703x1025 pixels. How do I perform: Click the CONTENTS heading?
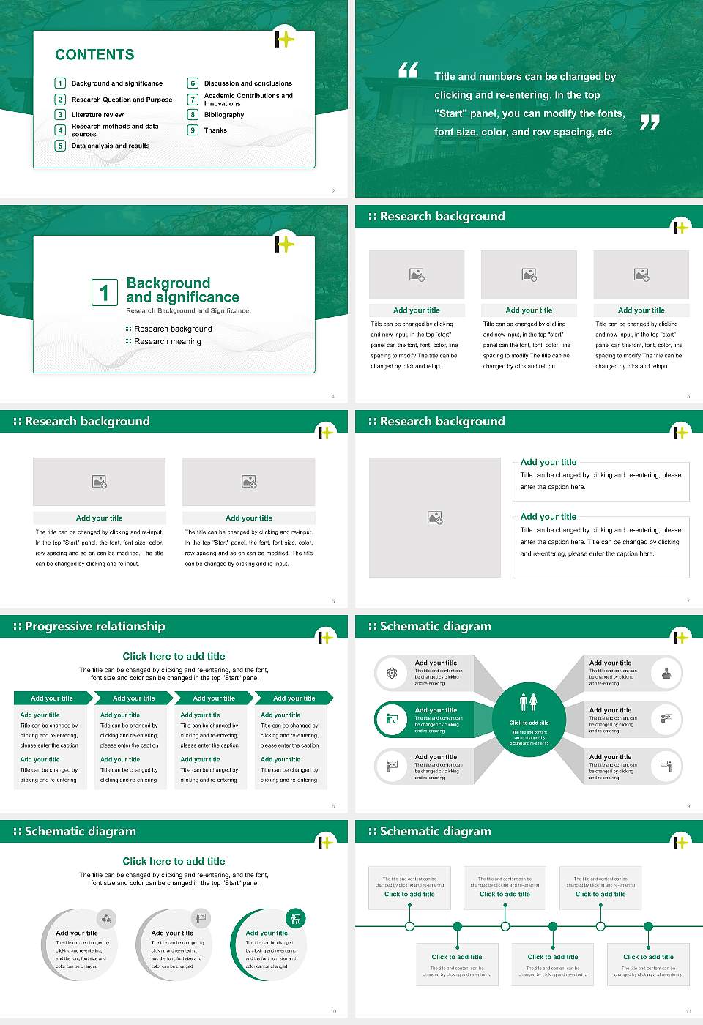click(94, 55)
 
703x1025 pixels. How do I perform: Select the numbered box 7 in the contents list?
click(193, 100)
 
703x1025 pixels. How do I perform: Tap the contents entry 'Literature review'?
click(97, 115)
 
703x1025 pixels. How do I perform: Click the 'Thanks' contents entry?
click(215, 130)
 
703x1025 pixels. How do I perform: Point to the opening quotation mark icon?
click(408, 70)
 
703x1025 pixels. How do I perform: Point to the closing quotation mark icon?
click(650, 122)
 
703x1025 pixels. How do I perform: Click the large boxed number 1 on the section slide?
click(105, 293)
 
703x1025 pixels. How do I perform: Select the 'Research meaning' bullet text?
click(167, 342)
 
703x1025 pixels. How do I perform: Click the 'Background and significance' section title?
click(182, 290)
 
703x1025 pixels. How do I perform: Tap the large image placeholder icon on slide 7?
click(435, 518)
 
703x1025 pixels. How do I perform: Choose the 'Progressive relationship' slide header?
click(94, 627)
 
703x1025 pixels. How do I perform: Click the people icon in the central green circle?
click(529, 702)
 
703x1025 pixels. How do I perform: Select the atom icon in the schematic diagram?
click(393, 673)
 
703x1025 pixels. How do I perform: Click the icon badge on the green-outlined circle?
click(296, 918)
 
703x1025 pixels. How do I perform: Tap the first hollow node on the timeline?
click(410, 926)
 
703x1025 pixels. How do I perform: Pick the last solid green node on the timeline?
click(648, 926)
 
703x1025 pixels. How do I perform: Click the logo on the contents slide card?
click(284, 39)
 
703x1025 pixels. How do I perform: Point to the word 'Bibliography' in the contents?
click(224, 115)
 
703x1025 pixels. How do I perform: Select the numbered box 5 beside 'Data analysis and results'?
click(61, 146)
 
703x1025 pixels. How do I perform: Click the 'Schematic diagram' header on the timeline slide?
click(435, 832)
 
